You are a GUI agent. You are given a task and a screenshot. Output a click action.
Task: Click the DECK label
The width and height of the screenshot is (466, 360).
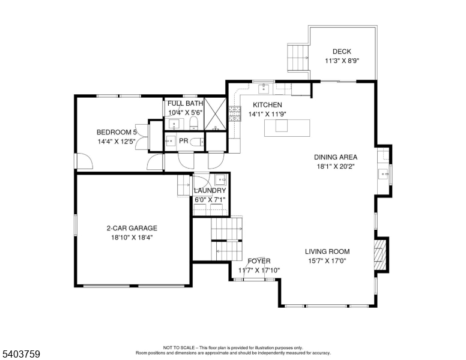click(342, 52)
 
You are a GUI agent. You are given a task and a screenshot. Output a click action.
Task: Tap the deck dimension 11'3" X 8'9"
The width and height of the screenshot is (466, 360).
click(342, 61)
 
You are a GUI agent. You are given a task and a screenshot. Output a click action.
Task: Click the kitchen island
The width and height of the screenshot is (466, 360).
click(288, 127)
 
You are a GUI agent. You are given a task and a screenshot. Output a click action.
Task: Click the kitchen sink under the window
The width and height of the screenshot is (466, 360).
click(264, 89)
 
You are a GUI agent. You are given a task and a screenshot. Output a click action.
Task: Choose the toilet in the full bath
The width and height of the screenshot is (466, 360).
click(193, 124)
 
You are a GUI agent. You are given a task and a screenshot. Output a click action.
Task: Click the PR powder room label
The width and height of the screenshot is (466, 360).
click(184, 141)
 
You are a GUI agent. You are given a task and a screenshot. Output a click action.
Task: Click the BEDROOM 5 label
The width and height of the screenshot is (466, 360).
click(117, 133)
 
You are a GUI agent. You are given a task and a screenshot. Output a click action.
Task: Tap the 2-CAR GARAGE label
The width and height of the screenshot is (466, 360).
click(132, 228)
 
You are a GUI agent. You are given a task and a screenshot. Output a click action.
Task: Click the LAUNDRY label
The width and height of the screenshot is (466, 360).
click(210, 191)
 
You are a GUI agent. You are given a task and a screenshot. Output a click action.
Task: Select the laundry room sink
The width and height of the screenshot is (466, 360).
click(220, 179)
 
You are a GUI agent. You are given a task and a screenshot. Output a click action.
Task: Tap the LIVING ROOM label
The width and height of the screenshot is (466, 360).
click(327, 252)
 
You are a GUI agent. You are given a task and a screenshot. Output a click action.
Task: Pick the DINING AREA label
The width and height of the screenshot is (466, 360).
click(335, 157)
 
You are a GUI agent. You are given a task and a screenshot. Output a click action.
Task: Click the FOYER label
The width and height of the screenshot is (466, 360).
click(259, 261)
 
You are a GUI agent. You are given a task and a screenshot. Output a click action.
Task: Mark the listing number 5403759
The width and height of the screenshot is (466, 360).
click(20, 354)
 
